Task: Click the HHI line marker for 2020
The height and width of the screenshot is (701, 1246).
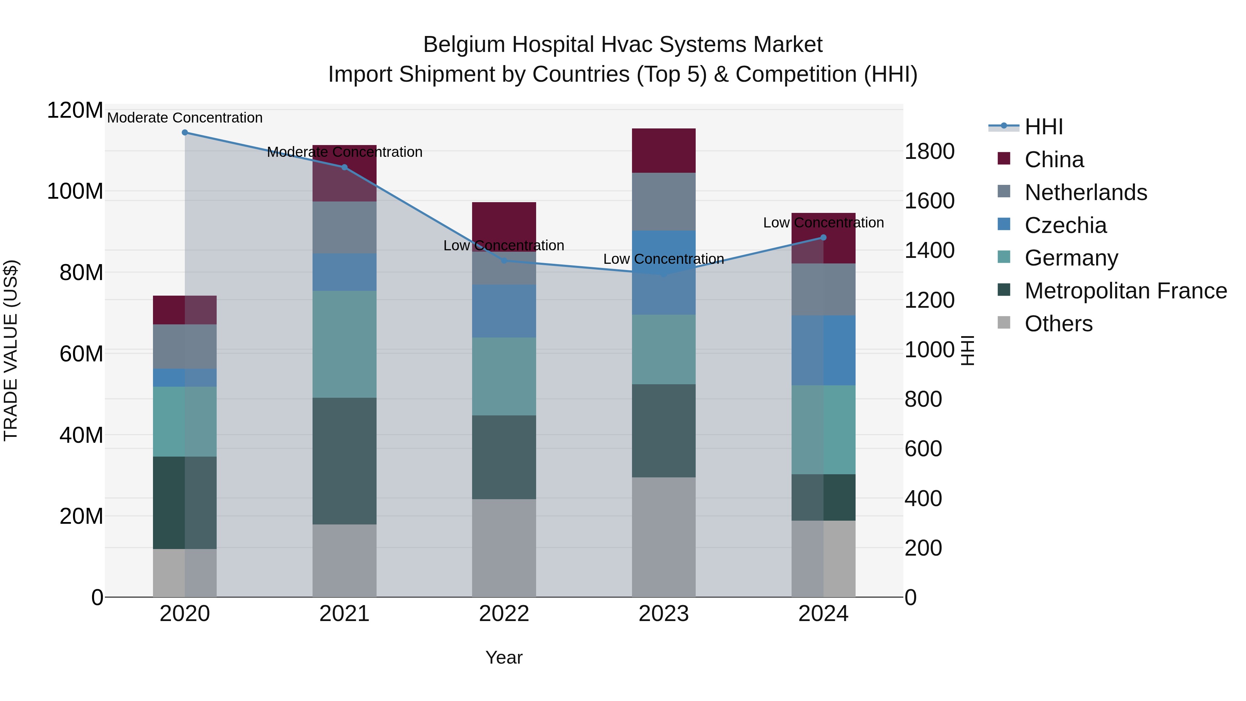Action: pyautogui.click(x=185, y=133)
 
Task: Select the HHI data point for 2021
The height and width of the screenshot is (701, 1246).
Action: pyautogui.click(x=344, y=168)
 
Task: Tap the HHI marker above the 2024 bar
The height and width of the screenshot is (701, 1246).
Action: pyautogui.click(x=823, y=237)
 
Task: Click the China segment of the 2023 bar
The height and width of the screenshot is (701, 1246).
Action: pyautogui.click(x=663, y=151)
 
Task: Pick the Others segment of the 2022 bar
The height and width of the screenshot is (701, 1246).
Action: pyautogui.click(x=504, y=548)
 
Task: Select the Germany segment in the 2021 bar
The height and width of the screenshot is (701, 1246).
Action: pyautogui.click(x=344, y=344)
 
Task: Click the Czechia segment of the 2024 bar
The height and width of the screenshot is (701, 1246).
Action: pyautogui.click(x=823, y=350)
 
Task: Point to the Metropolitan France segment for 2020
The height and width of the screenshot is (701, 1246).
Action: pyautogui.click(x=185, y=503)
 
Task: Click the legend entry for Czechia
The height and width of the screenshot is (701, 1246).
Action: pyautogui.click(x=1065, y=225)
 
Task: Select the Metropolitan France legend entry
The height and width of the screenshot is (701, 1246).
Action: pyautogui.click(x=1125, y=291)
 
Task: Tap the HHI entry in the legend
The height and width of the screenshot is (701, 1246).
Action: pyautogui.click(x=1043, y=127)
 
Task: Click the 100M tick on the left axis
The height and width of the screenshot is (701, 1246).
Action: pyautogui.click(x=75, y=191)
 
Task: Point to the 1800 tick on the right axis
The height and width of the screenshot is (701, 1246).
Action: pyautogui.click(x=929, y=151)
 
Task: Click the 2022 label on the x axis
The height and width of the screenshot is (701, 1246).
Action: pyautogui.click(x=504, y=614)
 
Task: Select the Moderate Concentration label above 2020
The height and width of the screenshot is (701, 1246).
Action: pyautogui.click(x=185, y=118)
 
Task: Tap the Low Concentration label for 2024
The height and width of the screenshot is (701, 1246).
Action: pyautogui.click(x=823, y=223)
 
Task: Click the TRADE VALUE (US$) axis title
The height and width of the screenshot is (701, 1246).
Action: pyautogui.click(x=11, y=350)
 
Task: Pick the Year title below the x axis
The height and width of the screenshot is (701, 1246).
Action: pyautogui.click(x=504, y=657)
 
